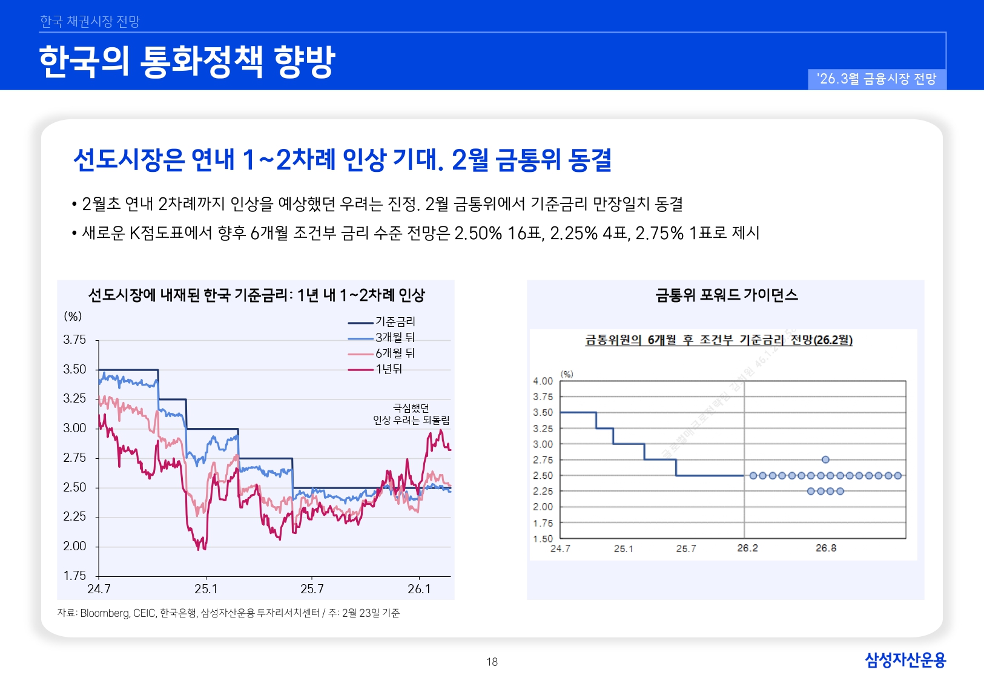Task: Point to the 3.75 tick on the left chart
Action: click(x=74, y=340)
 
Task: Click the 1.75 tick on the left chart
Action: click(x=74, y=576)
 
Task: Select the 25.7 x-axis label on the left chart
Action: click(x=312, y=589)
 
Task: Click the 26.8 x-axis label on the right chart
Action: click(x=826, y=548)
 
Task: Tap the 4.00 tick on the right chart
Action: click(x=543, y=381)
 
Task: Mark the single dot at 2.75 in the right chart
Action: click(x=825, y=460)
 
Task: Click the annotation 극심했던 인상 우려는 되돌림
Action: click(x=411, y=414)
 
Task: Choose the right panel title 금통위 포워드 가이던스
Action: click(x=727, y=295)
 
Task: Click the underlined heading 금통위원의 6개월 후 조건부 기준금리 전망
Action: click(x=718, y=340)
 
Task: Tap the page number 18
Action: click(x=492, y=662)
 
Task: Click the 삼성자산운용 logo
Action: click(x=905, y=659)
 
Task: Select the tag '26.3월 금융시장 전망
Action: click(x=876, y=79)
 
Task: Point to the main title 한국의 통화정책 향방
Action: click(x=187, y=62)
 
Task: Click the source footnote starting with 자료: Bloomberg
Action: click(x=228, y=613)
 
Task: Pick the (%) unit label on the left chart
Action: click(x=73, y=316)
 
